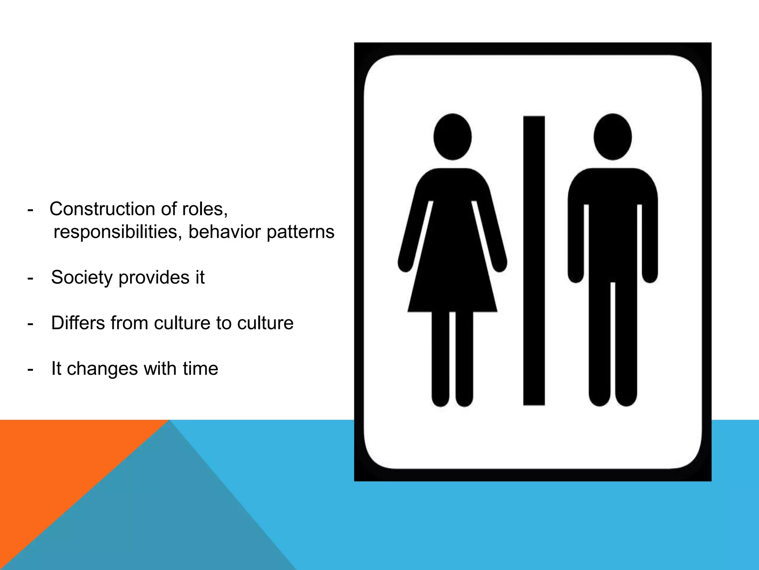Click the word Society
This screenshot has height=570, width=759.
point(82,278)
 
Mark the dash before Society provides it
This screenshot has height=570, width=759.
point(30,278)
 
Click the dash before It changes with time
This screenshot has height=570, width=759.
point(30,370)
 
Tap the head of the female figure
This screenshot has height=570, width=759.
point(453,137)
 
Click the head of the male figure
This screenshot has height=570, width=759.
point(613,137)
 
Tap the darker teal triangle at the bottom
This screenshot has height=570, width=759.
point(167,520)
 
